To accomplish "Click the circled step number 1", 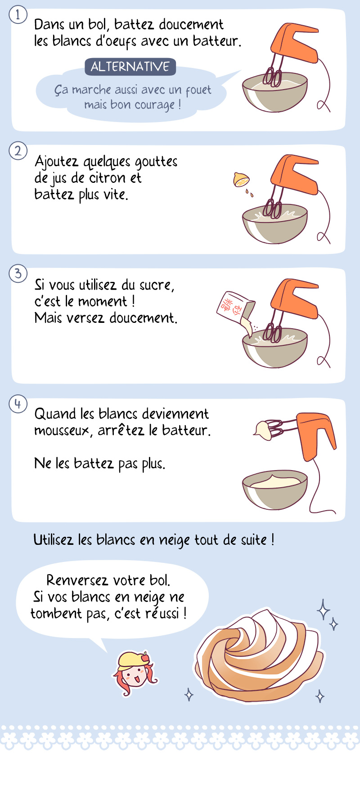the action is pyautogui.click(x=18, y=15).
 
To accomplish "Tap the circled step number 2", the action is pyautogui.click(x=18, y=150).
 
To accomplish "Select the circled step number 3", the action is pyautogui.click(x=18, y=273).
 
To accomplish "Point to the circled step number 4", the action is pyautogui.click(x=18, y=403).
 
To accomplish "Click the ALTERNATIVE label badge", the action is pyautogui.click(x=130, y=67).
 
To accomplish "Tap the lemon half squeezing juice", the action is pyautogui.click(x=241, y=180).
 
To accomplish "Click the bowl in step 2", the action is pyautogui.click(x=275, y=224).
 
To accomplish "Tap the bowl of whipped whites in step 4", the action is pyautogui.click(x=275, y=490).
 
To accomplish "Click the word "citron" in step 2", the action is pyautogui.click(x=108, y=178).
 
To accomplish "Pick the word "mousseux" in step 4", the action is pyautogui.click(x=63, y=431).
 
